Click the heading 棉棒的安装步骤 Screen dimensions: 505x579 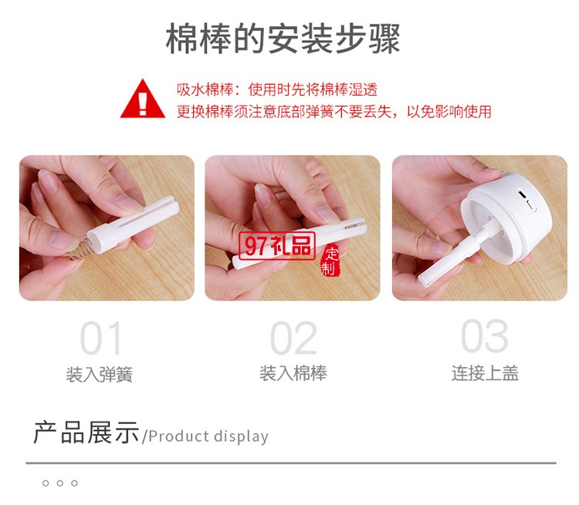pos(283,39)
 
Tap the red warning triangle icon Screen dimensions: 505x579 pos(143,99)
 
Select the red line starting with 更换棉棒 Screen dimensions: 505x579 pos(334,111)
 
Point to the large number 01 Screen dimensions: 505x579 pos(101,338)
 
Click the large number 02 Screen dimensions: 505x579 pos(293,338)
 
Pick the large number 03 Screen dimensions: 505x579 pos(484,337)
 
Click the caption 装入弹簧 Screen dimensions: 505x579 pos(100,375)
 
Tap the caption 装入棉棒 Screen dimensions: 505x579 pos(293,374)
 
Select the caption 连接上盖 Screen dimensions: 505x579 pos(485,374)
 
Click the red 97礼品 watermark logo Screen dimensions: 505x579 pos(276,245)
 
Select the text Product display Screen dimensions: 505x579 pos(208,436)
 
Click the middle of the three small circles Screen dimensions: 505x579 pos(59,483)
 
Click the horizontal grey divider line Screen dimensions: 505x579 pos(290,463)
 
